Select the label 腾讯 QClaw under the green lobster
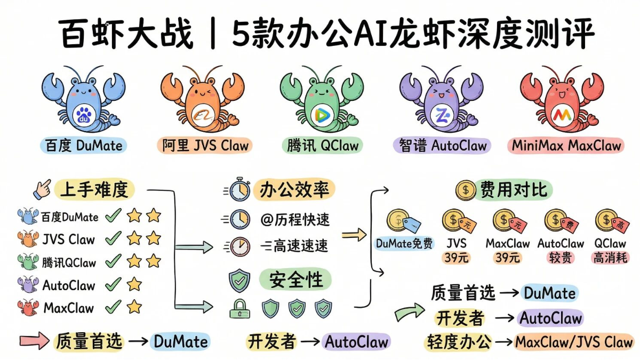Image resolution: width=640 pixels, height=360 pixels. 323,145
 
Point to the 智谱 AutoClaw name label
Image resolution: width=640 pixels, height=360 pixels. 443,145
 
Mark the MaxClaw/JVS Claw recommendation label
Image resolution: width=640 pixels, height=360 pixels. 574,342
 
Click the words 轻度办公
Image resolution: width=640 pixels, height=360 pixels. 459,342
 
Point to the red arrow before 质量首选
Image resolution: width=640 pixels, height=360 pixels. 33,341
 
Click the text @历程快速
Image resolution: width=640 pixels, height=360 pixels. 295,219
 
